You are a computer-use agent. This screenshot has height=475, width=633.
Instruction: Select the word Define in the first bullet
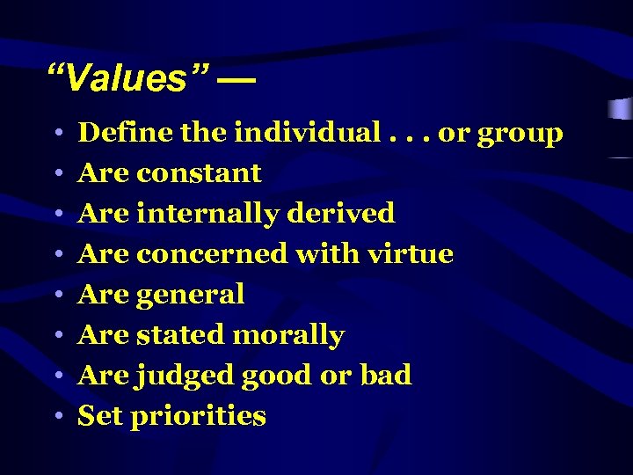[x=124, y=133]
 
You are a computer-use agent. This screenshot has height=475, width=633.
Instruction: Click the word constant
[x=199, y=172]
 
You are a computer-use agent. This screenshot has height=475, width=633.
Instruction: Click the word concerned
[x=212, y=254]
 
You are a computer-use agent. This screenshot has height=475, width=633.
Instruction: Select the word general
[x=190, y=296]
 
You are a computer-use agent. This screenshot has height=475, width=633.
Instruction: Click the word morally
[x=287, y=335]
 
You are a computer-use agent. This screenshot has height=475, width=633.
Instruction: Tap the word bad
[x=386, y=376]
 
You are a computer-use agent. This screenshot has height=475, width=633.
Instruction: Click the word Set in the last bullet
[x=100, y=416]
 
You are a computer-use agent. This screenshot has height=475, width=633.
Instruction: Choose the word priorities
[x=198, y=417]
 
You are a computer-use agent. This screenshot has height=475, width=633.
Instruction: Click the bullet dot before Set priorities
[x=55, y=417]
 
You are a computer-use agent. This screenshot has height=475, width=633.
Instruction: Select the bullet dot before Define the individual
[x=55, y=134]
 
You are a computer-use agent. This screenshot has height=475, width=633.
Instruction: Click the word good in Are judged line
[x=277, y=376]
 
